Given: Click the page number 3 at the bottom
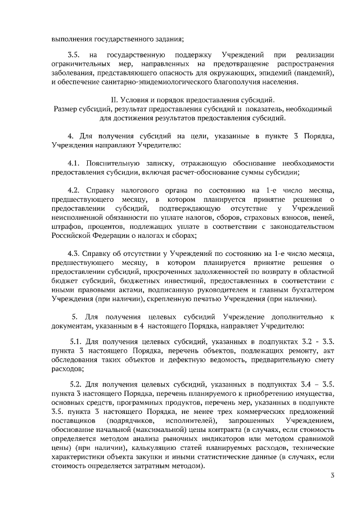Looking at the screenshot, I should [332, 477].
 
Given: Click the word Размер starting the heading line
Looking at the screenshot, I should [67, 109].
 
